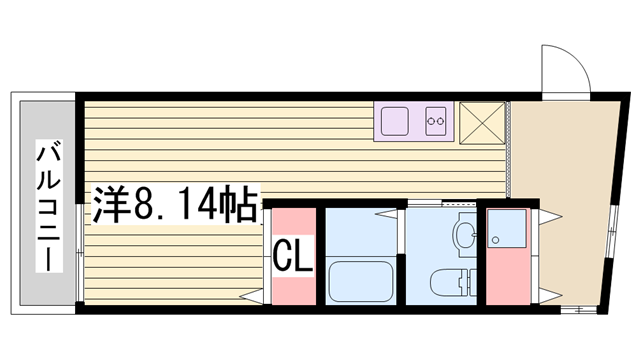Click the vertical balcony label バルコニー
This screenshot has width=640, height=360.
[x=49, y=206]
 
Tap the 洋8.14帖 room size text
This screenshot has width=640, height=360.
[x=176, y=204]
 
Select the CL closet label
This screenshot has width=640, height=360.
[x=293, y=256]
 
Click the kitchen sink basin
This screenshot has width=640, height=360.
[x=395, y=121]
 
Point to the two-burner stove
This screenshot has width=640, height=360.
[x=436, y=121]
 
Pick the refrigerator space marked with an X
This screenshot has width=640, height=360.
[x=482, y=123]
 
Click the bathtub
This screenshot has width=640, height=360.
[x=361, y=282]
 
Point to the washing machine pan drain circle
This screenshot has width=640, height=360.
[x=495, y=240]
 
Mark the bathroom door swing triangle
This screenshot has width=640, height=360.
[x=386, y=213]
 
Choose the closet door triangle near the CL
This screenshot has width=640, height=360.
[x=252, y=296]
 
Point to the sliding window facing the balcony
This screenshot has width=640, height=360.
[x=80, y=253]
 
